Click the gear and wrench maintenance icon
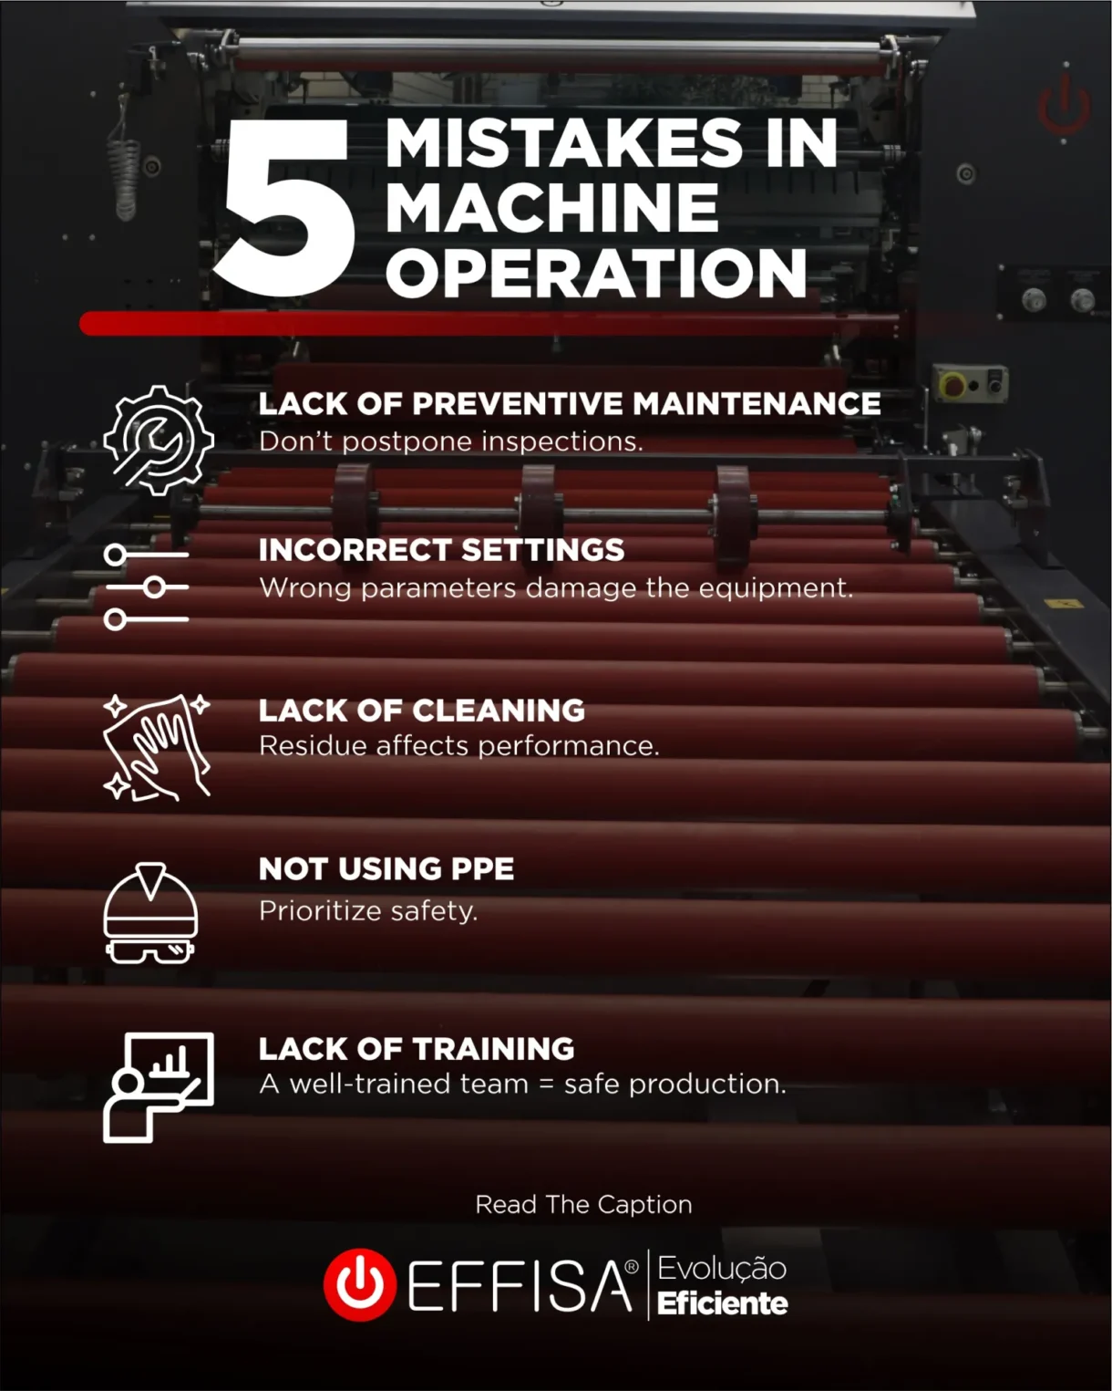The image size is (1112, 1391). coord(159,440)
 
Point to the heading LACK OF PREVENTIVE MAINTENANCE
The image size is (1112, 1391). coord(570,403)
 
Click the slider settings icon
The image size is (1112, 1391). coord(147,587)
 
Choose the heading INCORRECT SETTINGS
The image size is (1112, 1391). coord(441,550)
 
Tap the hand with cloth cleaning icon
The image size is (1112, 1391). coord(157,747)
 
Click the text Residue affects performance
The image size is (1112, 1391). coord(458,746)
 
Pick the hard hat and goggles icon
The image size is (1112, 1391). coord(150,913)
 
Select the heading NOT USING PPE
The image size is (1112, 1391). coord(386,868)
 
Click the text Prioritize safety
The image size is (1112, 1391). coord(367,910)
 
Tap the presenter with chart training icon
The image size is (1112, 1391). coord(159,1087)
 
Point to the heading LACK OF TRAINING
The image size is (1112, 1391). coord(417,1048)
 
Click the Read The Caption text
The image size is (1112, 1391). coord(583,1205)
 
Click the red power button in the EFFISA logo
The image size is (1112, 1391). coord(360,1284)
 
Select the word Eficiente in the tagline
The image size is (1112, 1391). coord(723,1303)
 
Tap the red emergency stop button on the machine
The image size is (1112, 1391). coord(953,385)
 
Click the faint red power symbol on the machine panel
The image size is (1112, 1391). coord(1065,106)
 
